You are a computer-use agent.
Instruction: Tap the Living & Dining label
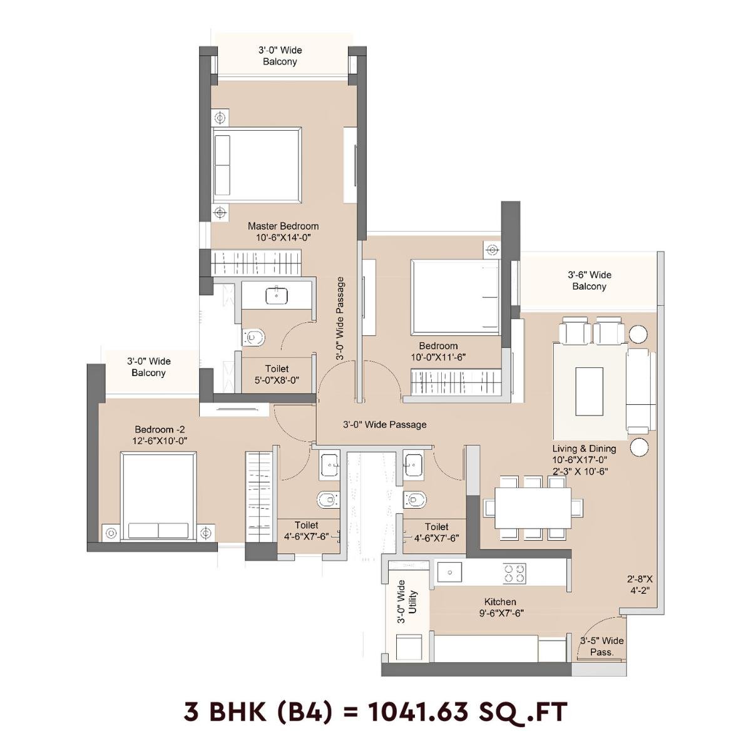584,449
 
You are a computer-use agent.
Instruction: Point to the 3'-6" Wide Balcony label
589,280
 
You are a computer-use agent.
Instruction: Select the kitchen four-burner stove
515,573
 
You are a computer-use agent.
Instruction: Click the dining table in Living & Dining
532,507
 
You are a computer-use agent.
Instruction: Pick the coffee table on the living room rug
589,391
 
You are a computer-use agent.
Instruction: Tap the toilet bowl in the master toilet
253,338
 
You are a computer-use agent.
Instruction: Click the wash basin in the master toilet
276,295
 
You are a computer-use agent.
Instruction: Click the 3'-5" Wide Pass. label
601,646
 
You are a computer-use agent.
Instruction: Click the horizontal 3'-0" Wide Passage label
384,424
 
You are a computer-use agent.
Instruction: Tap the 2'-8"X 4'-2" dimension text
640,583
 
